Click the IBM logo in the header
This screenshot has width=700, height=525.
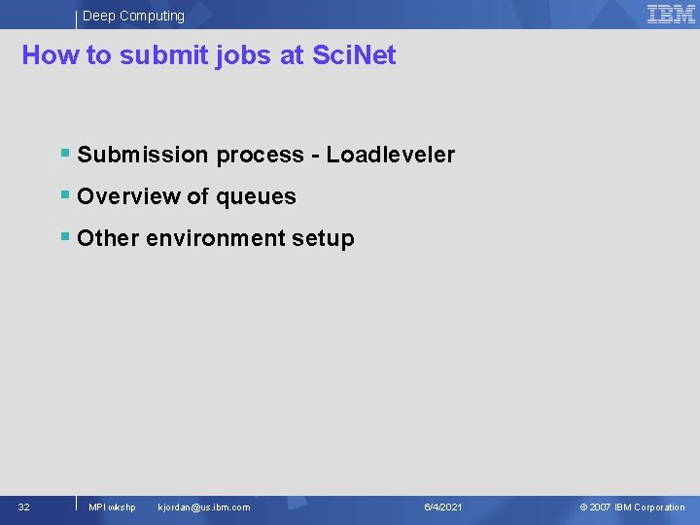672,14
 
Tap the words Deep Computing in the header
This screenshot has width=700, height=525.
133,16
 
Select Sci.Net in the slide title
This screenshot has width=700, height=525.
354,55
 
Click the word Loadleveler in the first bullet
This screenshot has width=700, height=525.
391,155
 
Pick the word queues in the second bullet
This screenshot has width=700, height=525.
256,196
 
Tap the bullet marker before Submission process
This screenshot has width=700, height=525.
64,154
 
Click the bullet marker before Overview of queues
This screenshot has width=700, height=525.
64,195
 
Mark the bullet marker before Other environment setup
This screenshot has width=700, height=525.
64,237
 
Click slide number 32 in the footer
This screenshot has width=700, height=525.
23,507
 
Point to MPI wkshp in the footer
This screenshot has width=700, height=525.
112,507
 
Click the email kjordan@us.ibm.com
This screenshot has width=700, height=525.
203,507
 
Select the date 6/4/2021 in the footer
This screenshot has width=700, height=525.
443,507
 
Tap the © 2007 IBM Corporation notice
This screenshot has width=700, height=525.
632,507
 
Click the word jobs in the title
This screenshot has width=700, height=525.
247,56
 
